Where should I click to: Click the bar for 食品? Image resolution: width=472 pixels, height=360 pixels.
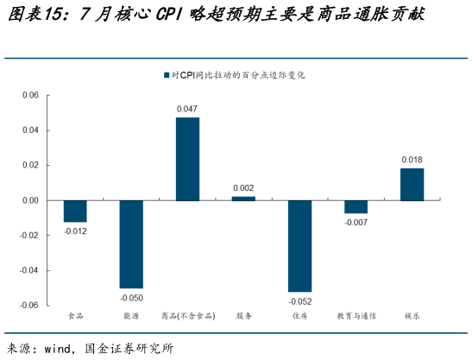75,211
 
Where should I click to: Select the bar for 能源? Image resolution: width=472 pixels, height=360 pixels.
131,244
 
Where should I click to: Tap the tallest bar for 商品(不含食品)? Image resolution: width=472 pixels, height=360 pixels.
187,159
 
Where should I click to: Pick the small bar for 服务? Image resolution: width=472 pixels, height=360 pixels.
243,199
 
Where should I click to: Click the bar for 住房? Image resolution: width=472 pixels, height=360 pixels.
299,246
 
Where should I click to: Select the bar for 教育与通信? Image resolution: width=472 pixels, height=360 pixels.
356,206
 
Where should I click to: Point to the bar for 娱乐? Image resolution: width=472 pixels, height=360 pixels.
412,184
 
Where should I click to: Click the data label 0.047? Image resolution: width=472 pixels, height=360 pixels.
187,110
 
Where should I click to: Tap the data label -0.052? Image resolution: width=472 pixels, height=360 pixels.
299,301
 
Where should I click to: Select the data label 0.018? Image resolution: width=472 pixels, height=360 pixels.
412,160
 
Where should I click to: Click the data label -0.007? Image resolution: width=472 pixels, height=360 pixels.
356,223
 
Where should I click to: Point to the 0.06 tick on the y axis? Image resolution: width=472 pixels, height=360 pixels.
30,95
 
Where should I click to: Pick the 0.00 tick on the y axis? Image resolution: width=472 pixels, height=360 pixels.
30,200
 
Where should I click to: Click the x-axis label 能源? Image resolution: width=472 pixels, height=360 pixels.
131,316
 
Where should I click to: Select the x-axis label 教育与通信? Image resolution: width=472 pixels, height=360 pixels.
356,316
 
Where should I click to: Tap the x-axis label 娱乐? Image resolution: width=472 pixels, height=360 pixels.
412,316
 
